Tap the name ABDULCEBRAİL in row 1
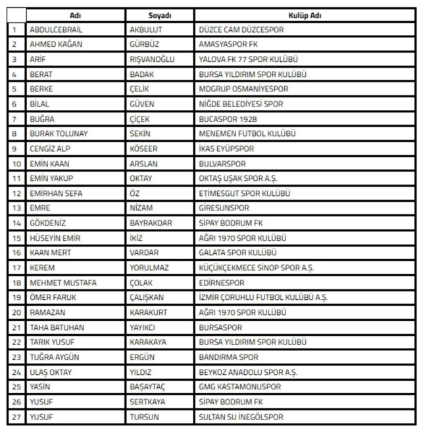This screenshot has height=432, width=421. (57, 30)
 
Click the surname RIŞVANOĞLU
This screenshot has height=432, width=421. (153, 60)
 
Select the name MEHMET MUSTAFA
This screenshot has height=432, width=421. (63, 282)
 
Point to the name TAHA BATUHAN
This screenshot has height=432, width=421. (57, 327)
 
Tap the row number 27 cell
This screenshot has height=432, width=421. (14, 416)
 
